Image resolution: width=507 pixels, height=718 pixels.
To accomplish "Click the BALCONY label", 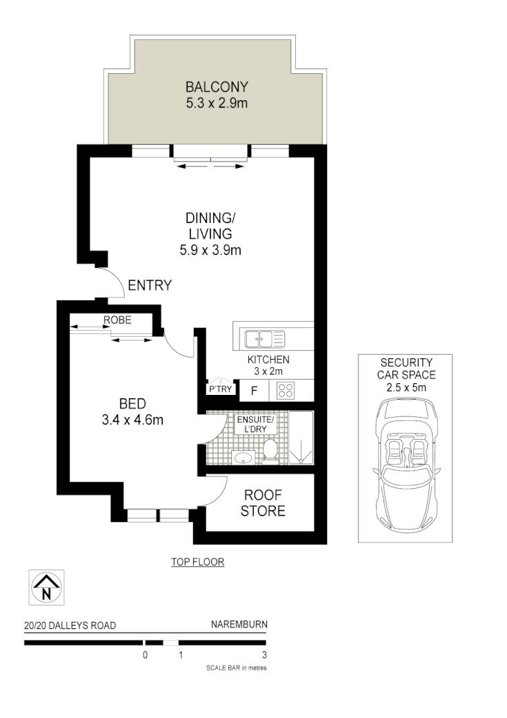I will coord(216,87).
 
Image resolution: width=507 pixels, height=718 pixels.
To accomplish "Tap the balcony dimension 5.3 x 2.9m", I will coord(216,104).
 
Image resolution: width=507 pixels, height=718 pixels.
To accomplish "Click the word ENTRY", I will coord(149,285).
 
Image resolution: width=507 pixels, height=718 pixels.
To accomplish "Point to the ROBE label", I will coord(117,320).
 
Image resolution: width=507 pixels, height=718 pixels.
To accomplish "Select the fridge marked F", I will coord(254,391).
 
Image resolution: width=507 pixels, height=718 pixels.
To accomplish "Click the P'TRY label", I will coord(220,390).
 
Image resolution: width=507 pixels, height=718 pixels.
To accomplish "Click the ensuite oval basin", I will coord(242,456).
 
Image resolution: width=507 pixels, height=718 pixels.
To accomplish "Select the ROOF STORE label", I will coord(263,503).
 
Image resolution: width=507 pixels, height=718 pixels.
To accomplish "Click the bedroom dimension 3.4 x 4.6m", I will coord(131,419).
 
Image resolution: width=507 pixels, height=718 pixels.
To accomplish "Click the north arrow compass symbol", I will coord(46,588).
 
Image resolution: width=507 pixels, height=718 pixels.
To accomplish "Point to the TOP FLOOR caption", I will coord(198,562).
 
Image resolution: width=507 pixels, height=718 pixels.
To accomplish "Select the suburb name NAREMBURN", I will coord(239,625).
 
